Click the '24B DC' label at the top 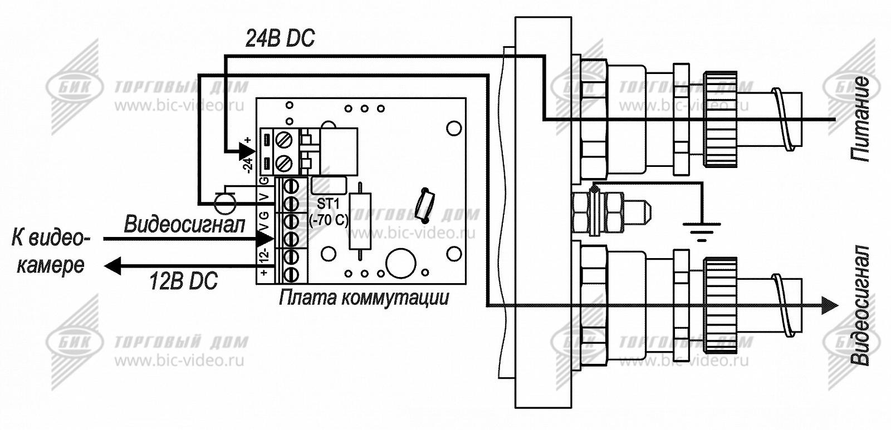[x=280, y=38]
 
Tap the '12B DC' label [x=183, y=281]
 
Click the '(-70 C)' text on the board [x=329, y=220]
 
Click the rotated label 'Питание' [x=860, y=120]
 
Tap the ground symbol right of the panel [x=701, y=228]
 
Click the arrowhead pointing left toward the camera [x=112, y=266]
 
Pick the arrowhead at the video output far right [x=830, y=305]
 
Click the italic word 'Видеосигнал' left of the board [x=184, y=225]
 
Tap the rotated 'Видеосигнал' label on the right [x=861, y=305]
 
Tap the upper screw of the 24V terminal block [x=285, y=139]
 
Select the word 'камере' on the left [x=51, y=265]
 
